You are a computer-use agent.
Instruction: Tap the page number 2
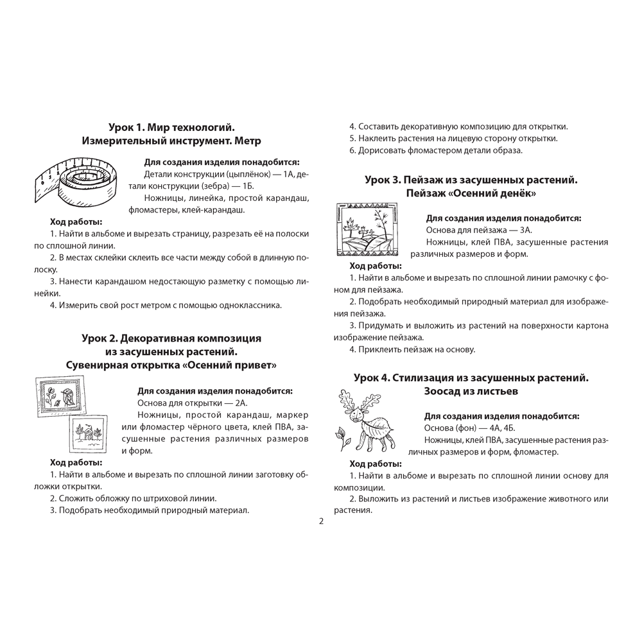(321, 521)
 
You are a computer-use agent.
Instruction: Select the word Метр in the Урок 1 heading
(248, 140)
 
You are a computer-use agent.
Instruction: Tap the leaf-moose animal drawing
(369, 419)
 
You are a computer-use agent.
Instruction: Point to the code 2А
(240, 403)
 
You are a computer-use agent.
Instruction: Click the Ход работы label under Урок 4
(376, 464)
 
